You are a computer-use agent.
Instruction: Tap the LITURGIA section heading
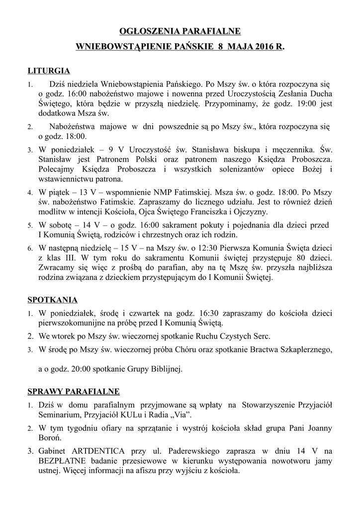tap(48, 71)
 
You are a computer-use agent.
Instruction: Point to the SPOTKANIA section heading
tap(52, 300)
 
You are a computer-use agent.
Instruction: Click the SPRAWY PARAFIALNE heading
tap(73, 391)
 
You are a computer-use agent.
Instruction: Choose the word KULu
tap(126, 415)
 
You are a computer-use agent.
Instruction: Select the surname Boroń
tap(50, 438)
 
